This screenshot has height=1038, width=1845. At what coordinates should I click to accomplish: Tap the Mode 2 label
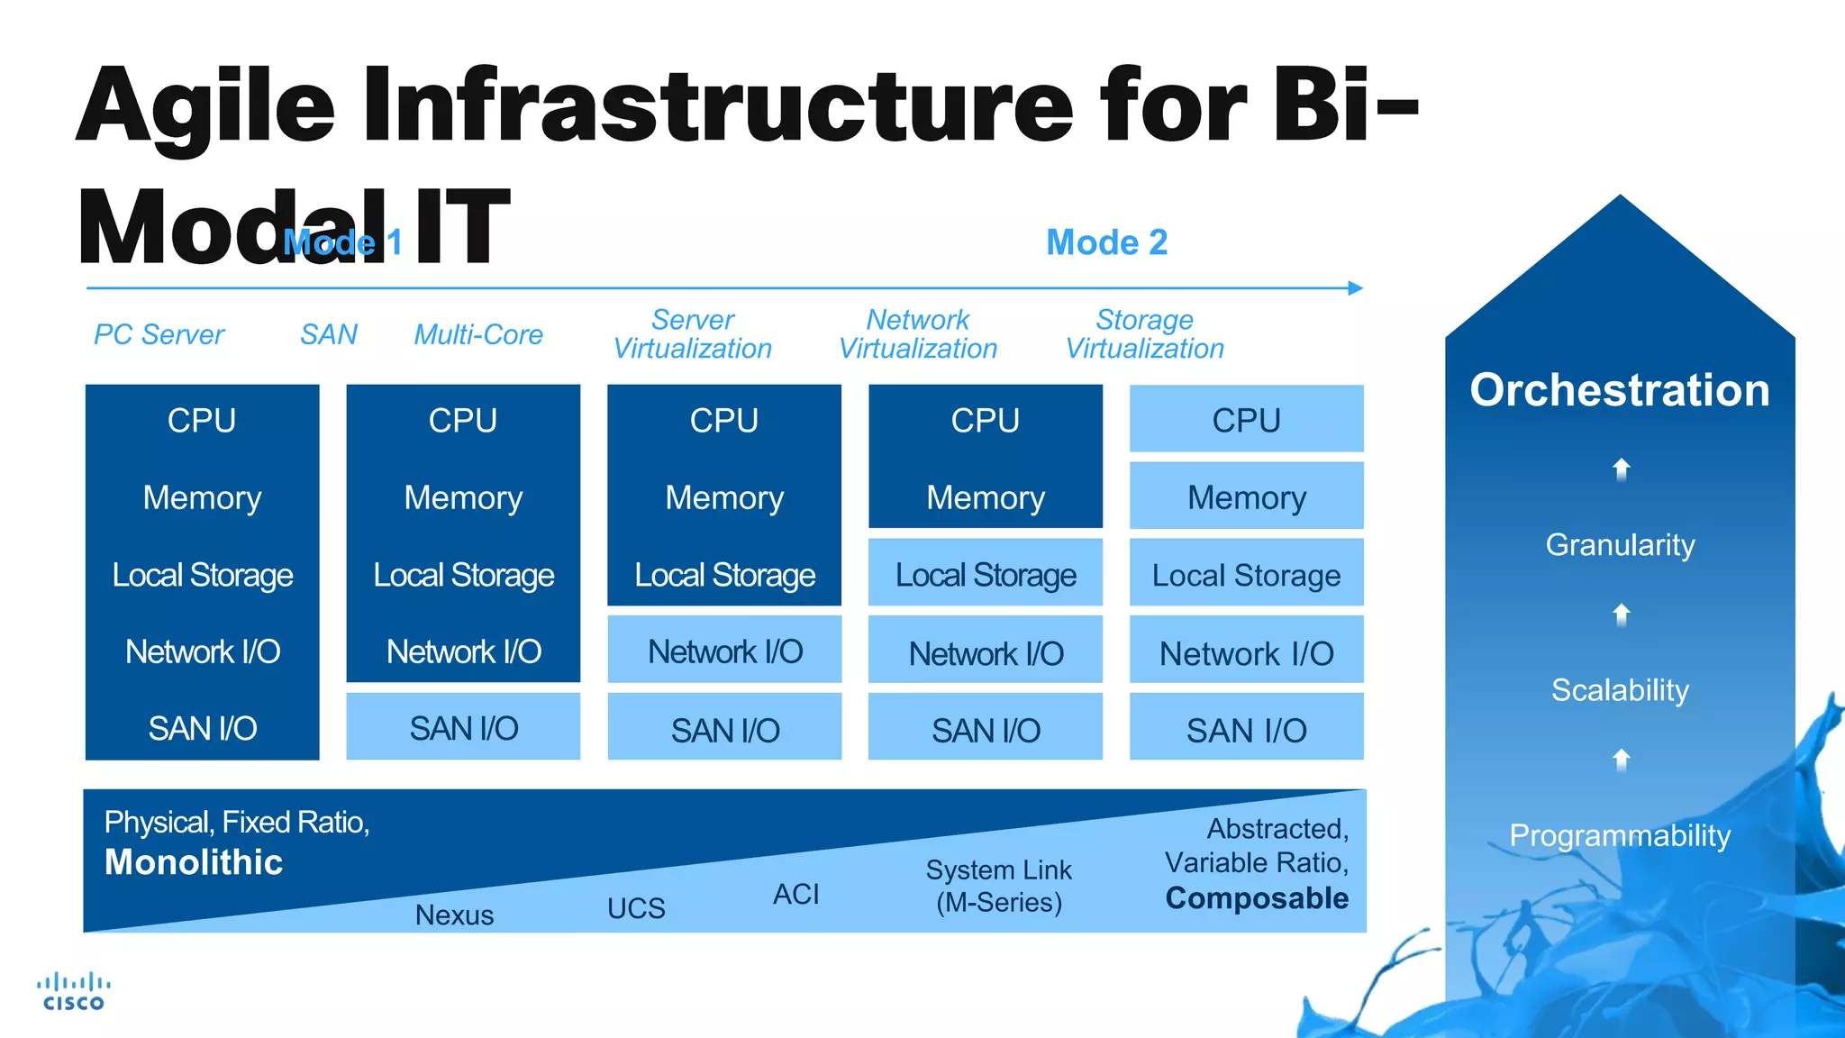coord(1106,242)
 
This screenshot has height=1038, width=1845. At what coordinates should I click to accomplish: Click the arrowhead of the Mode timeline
coord(1356,288)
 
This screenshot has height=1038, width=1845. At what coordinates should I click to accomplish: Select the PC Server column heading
coord(159,334)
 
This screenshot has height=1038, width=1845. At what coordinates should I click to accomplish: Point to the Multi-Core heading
coord(478,334)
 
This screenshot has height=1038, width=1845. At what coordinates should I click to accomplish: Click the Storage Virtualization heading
coord(1144,334)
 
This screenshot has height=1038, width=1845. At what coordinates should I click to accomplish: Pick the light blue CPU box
coord(1246,420)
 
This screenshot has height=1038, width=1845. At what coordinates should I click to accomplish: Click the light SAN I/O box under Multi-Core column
coord(463,727)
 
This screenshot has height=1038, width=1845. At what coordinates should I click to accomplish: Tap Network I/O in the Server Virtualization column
coord(724,651)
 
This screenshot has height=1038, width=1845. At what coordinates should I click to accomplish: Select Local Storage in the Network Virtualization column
coord(985,574)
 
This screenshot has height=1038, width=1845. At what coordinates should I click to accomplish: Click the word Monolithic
coord(194,862)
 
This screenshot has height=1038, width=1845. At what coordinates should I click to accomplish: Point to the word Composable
coord(1257,898)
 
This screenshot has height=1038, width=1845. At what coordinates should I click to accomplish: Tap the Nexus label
coord(454,915)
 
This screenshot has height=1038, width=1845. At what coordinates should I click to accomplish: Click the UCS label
coord(636,908)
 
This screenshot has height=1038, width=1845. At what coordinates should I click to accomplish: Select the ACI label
coord(796,894)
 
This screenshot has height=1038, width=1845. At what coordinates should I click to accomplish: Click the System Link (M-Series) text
coord(998,886)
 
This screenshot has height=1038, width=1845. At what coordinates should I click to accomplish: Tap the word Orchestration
coord(1619,390)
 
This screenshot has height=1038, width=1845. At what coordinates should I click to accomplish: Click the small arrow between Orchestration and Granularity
coord(1621,469)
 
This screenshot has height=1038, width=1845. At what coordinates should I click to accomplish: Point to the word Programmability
coord(1619,835)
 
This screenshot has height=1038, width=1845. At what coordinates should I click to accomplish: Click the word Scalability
coord(1619,690)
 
